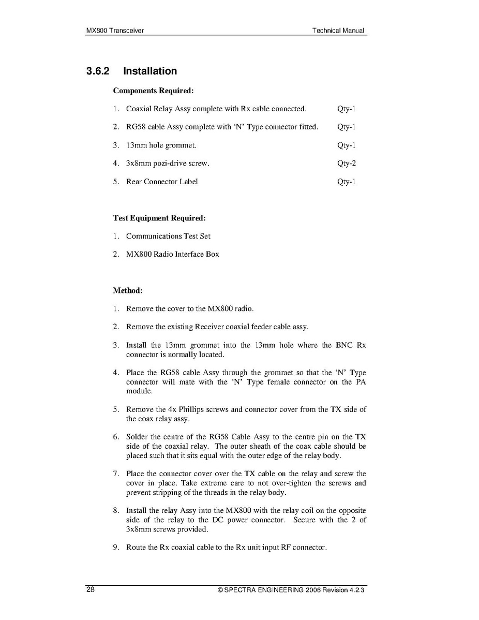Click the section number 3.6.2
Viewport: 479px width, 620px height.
coord(98,71)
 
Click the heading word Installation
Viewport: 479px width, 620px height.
coord(150,71)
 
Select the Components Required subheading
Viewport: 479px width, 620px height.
coord(153,91)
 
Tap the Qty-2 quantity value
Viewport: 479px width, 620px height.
coord(346,164)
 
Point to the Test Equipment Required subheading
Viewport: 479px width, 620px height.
coord(159,218)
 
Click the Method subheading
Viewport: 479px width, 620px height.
coord(128,290)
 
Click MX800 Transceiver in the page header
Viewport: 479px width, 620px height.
coord(115,31)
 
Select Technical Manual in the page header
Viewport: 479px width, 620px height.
coord(338,31)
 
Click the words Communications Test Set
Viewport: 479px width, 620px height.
coord(168,236)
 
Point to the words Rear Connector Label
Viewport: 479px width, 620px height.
coord(162,182)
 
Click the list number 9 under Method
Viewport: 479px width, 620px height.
coord(116,547)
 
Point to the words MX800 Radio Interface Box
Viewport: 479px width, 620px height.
coord(172,254)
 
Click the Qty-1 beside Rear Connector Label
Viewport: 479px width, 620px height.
coord(346,182)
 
